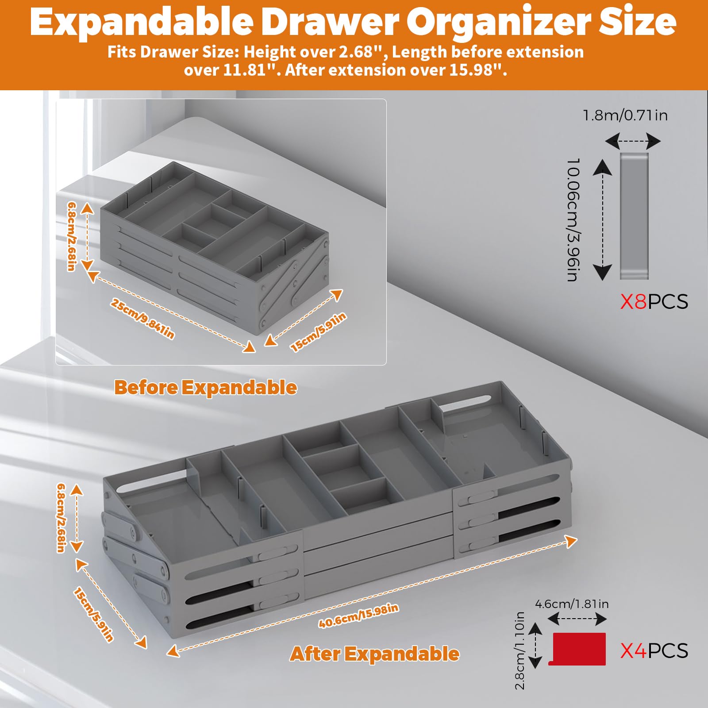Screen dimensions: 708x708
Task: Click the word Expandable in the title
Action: click(142, 22)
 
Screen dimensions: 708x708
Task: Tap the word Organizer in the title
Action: click(498, 22)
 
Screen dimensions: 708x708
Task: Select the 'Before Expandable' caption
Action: click(206, 388)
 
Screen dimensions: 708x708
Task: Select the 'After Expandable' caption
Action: click(375, 654)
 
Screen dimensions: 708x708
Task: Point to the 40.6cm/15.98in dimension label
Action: click(358, 616)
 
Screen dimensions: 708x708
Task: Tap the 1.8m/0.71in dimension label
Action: click(625, 115)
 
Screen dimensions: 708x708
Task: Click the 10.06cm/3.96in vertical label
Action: click(573, 219)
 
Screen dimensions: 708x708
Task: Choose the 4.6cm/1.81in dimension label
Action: click(572, 604)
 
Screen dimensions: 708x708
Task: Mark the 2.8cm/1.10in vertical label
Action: click(520, 650)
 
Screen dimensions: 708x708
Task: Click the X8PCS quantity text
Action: click(654, 302)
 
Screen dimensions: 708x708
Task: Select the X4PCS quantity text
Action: click(654, 651)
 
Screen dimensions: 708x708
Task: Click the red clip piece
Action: click(577, 649)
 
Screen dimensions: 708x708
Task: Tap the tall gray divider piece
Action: click(634, 216)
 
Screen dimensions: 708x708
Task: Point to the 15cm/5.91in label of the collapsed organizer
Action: click(318, 332)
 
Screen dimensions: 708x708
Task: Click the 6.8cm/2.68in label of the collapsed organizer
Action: click(72, 236)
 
